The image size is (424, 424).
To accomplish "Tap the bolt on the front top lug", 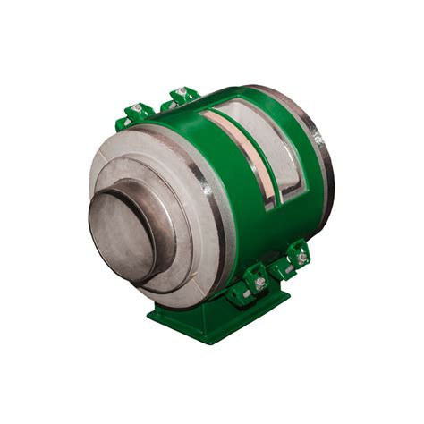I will pos(137,109).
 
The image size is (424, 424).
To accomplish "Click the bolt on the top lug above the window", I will pos(182,91).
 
